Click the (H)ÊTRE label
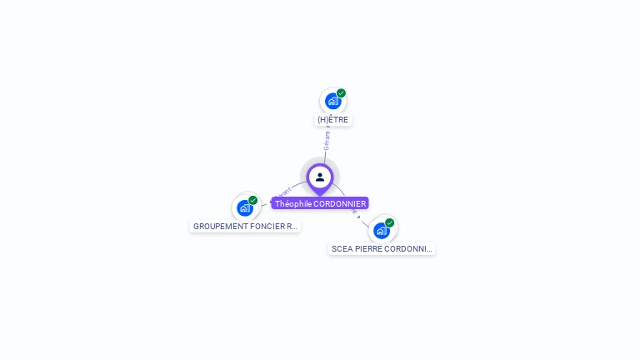coord(333,120)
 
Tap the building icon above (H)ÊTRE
coord(332,102)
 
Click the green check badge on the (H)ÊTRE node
coord(341,93)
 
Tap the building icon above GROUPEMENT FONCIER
coord(244,207)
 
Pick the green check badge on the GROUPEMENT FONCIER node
coord(253,200)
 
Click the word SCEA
coord(341,249)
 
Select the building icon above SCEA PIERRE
coord(381,231)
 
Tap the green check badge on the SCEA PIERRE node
coord(389,222)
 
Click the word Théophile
coord(293,203)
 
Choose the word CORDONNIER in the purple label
coord(340,203)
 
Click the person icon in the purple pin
coord(320,177)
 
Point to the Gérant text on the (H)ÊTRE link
coord(327,138)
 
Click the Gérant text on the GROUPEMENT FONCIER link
coord(283,192)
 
